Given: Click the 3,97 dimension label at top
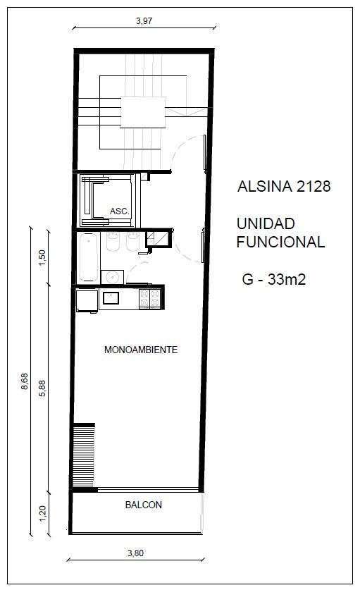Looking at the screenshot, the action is [144, 20].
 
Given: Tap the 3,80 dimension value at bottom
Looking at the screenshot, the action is [135, 553].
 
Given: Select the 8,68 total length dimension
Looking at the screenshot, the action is [25, 381].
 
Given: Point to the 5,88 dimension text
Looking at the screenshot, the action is [42, 388].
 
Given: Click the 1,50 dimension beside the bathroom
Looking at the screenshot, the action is [42, 257].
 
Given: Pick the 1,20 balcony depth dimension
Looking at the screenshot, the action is [42, 513].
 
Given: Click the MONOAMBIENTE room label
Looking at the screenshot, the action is [141, 350].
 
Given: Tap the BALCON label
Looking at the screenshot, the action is [143, 505].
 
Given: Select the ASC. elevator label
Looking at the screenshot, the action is [120, 211].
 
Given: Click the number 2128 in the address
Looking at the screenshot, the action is [314, 186].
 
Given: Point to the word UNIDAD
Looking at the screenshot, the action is [266, 223].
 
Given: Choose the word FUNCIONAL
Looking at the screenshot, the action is [280, 242].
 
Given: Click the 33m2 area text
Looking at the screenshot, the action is [286, 279].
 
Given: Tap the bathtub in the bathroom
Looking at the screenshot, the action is [88, 257].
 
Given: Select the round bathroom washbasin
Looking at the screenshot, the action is [112, 277].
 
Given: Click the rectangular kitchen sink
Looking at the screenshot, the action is [111, 298].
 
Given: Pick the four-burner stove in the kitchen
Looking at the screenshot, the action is [150, 298].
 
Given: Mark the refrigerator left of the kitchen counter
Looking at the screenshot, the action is [87, 301].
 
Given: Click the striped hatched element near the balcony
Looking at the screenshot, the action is [84, 455].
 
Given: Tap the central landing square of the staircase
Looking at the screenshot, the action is [143, 112].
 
